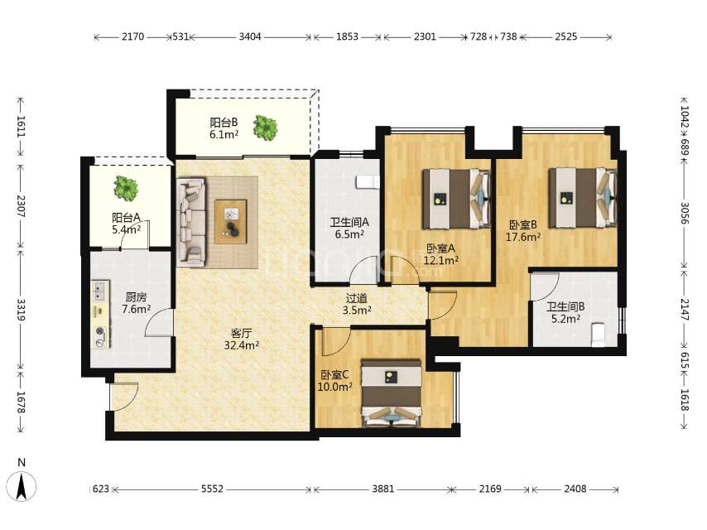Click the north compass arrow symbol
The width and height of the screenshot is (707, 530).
coord(22,487)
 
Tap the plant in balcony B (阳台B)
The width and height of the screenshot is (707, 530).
coord(265,128)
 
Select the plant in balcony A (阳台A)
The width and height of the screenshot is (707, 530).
coord(125,188)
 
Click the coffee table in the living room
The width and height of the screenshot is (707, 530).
coord(230,221)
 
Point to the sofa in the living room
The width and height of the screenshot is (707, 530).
coord(191,220)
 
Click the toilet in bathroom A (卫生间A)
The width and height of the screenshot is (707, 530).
coord(368,182)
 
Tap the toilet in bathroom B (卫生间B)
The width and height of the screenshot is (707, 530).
coord(598,335)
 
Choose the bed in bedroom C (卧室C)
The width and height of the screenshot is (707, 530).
coord(392,393)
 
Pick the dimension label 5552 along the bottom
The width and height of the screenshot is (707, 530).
coord(212,489)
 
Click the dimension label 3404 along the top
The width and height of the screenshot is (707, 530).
coord(250,36)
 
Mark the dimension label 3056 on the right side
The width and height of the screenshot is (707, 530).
coord(685,214)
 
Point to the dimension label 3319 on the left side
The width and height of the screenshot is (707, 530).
coord(22,310)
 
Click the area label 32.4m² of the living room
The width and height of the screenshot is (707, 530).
coord(241,346)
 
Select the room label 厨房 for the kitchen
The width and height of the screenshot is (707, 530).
coord(136,297)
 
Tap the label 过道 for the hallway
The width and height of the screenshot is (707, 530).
coord(357,298)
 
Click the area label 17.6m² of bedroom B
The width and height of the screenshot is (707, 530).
coord(523,237)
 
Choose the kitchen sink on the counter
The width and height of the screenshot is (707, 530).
coord(100,291)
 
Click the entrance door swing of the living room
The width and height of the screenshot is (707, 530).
coord(124,397)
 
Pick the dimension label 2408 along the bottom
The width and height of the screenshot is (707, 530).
coord(575,489)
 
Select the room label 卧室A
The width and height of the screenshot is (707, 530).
coord(441,248)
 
